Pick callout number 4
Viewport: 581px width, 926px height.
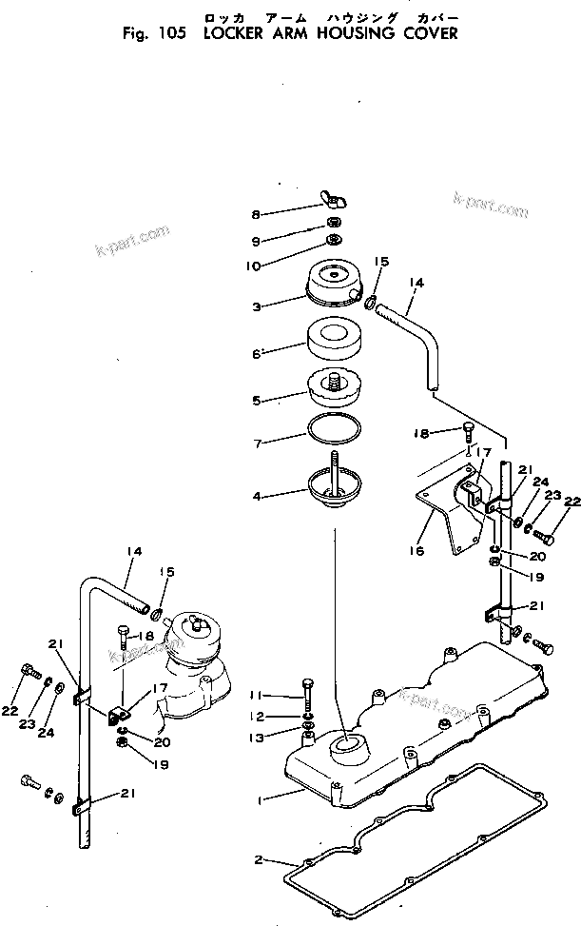coord(256,496)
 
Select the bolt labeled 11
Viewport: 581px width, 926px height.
coord(307,691)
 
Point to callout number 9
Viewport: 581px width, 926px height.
coord(256,240)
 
